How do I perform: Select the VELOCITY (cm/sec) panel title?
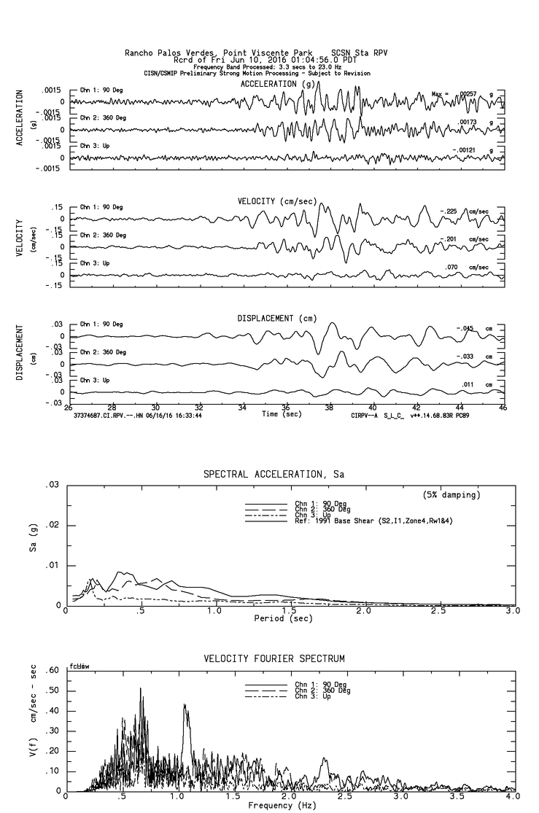click(277, 201)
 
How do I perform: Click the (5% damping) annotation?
click(451, 495)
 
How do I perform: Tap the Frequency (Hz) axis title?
click(282, 806)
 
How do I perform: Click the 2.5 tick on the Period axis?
click(438, 611)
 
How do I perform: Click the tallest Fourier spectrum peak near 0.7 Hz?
click(141, 689)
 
